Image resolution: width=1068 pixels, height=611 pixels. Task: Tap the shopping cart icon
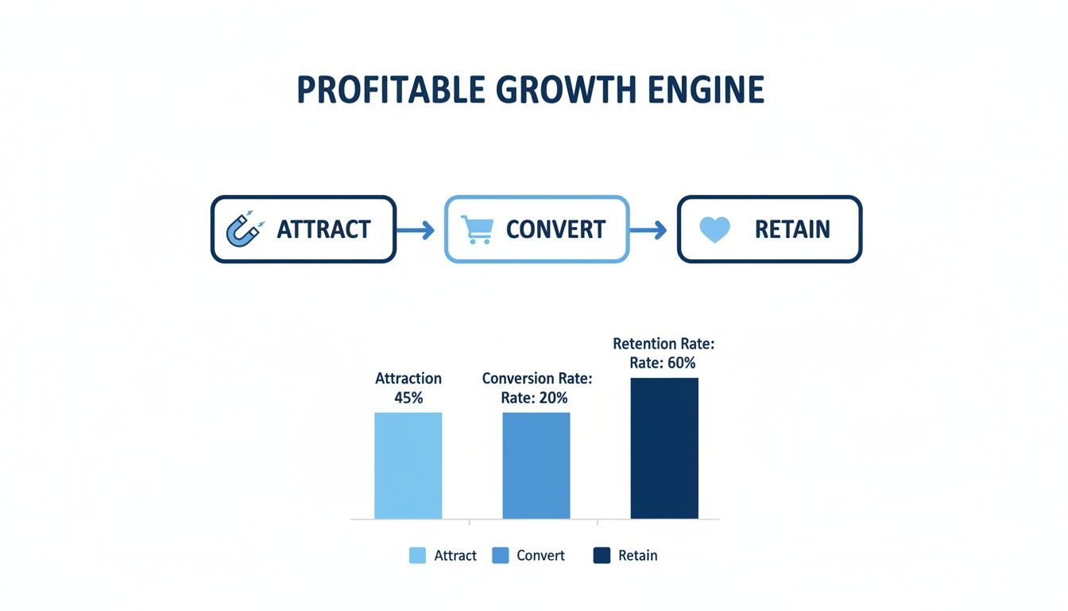point(477,229)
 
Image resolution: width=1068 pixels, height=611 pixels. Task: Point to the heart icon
point(714,229)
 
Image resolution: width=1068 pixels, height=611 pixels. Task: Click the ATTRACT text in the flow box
point(323,230)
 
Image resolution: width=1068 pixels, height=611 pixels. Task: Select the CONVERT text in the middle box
point(555,230)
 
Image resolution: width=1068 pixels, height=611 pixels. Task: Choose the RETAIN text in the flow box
point(791,230)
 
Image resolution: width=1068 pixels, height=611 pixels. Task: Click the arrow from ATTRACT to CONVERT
point(416,231)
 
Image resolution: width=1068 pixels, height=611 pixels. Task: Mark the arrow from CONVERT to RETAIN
point(648,231)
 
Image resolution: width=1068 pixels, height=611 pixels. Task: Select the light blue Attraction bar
point(408,465)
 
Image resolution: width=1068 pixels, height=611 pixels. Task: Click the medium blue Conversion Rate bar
point(536,465)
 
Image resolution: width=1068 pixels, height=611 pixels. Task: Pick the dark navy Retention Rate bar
point(664,448)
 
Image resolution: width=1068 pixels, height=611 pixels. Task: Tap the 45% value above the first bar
point(408,398)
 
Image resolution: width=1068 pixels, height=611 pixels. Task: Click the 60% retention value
point(680,363)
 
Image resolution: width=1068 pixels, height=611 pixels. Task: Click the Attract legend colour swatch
point(417,555)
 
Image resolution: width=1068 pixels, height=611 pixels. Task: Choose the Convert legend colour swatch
point(501,555)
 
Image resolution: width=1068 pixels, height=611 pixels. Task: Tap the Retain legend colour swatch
point(602,555)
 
